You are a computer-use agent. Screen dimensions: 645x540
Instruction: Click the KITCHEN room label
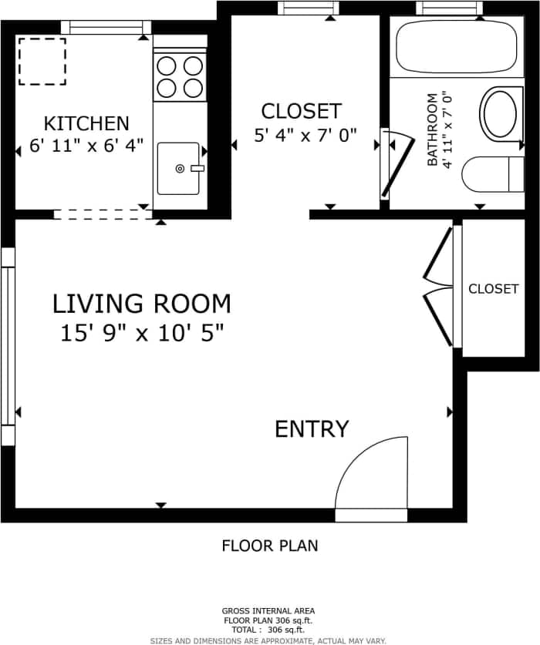pos(86,123)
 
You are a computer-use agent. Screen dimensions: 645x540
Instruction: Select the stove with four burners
pos(180,77)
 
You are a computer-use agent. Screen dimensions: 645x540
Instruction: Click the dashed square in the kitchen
pos(42,62)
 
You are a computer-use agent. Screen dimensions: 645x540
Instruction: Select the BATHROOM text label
pos(432,130)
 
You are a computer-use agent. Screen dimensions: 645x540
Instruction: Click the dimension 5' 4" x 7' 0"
pos(305,136)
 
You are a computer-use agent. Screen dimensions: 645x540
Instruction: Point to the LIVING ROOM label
pos(141,304)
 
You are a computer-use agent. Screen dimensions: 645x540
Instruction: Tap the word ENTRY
pos(312,429)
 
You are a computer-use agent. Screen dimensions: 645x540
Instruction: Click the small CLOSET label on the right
pos(493,289)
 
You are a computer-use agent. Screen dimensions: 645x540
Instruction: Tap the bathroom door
pos(396,168)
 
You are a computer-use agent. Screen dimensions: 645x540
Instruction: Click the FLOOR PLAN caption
pos(269,546)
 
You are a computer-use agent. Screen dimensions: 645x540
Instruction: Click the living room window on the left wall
pos(8,345)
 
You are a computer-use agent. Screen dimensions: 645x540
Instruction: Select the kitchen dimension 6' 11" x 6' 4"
pos(86,146)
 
